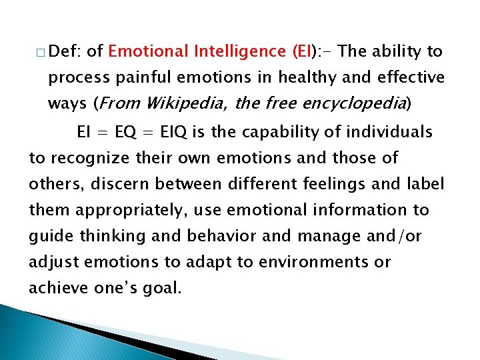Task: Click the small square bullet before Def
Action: tap(41, 53)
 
